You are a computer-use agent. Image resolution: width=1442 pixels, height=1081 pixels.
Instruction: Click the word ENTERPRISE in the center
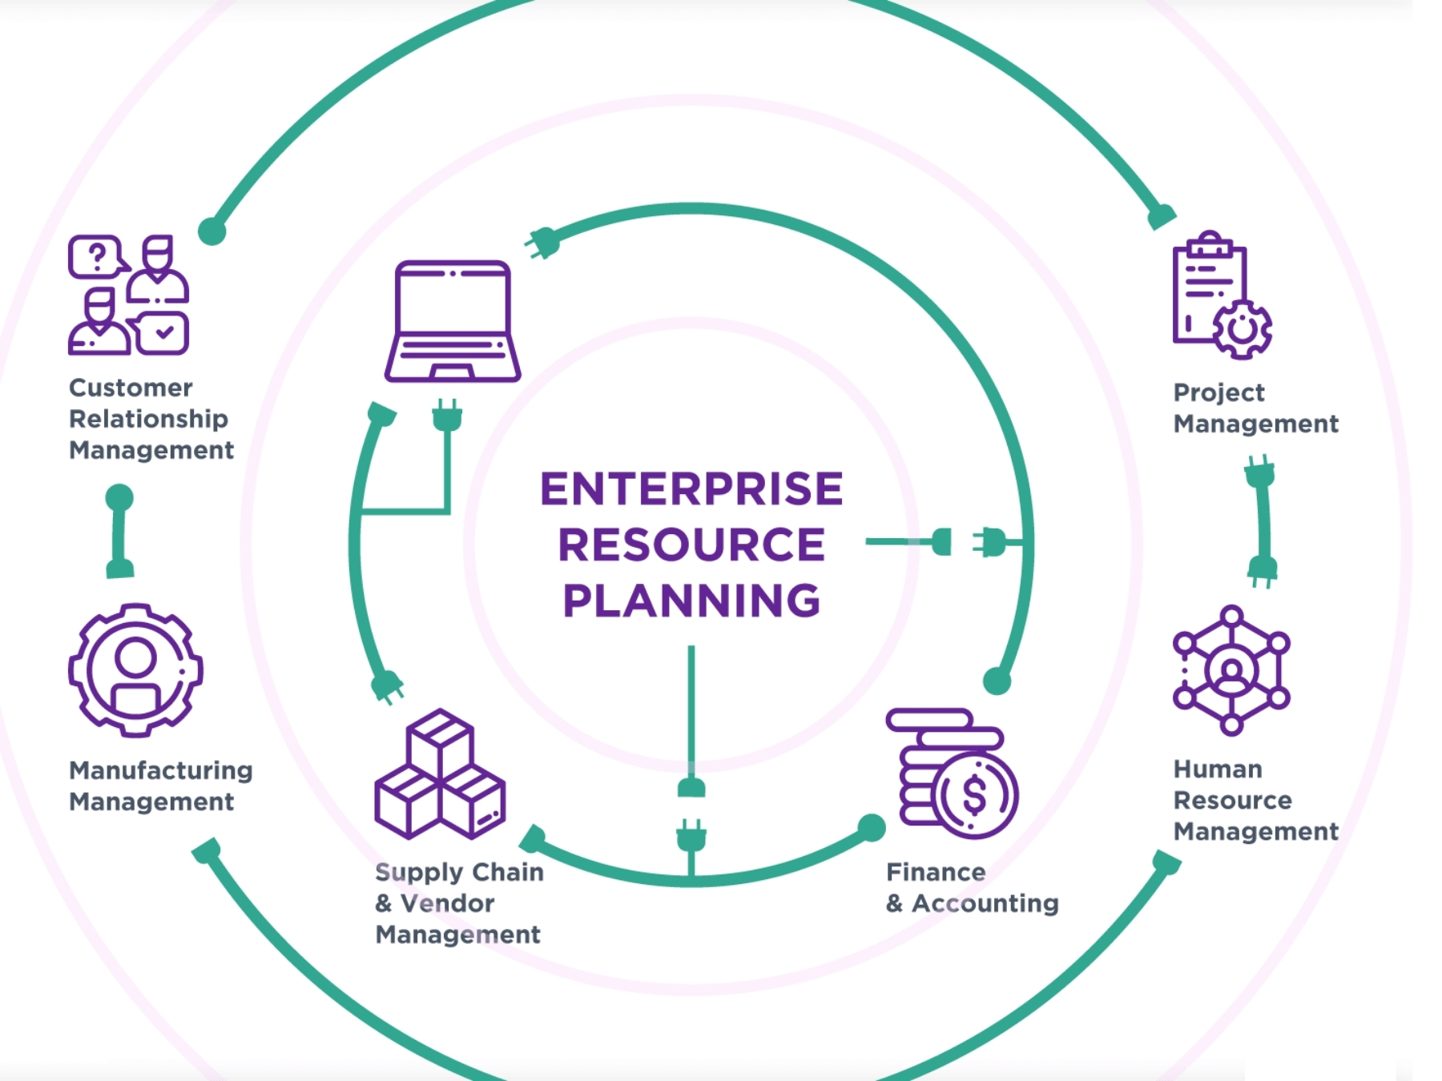[x=691, y=489]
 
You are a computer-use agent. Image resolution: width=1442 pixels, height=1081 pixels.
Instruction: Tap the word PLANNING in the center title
[x=691, y=601]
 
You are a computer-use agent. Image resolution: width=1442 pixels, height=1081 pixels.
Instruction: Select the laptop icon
[x=453, y=321]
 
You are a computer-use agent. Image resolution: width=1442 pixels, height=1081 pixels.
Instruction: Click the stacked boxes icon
[x=440, y=774]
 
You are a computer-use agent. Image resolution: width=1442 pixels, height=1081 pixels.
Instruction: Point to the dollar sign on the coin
[x=974, y=795]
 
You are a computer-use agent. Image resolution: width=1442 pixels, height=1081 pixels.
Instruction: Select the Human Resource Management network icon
[x=1231, y=670]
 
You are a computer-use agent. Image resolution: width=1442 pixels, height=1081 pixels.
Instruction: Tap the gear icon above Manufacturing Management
[x=135, y=669]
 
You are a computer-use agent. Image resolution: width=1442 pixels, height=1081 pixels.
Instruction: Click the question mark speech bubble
[x=97, y=257]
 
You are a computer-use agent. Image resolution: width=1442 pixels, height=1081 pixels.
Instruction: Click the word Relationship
[x=148, y=419]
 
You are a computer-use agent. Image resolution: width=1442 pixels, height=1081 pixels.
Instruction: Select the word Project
[x=1218, y=392]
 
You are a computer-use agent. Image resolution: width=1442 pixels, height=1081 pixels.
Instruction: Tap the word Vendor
[x=447, y=903]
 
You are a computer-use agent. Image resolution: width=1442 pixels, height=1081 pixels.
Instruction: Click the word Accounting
[x=985, y=903]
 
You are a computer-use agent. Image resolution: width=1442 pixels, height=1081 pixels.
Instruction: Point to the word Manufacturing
[x=161, y=770]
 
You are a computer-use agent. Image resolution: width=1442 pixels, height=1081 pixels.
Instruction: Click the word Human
[x=1218, y=769]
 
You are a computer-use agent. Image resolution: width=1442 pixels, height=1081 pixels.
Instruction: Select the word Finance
[x=936, y=871]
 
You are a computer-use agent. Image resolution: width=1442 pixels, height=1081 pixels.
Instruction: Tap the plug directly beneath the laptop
[x=447, y=416]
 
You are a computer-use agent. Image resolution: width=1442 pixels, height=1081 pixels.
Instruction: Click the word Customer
[x=131, y=388]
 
